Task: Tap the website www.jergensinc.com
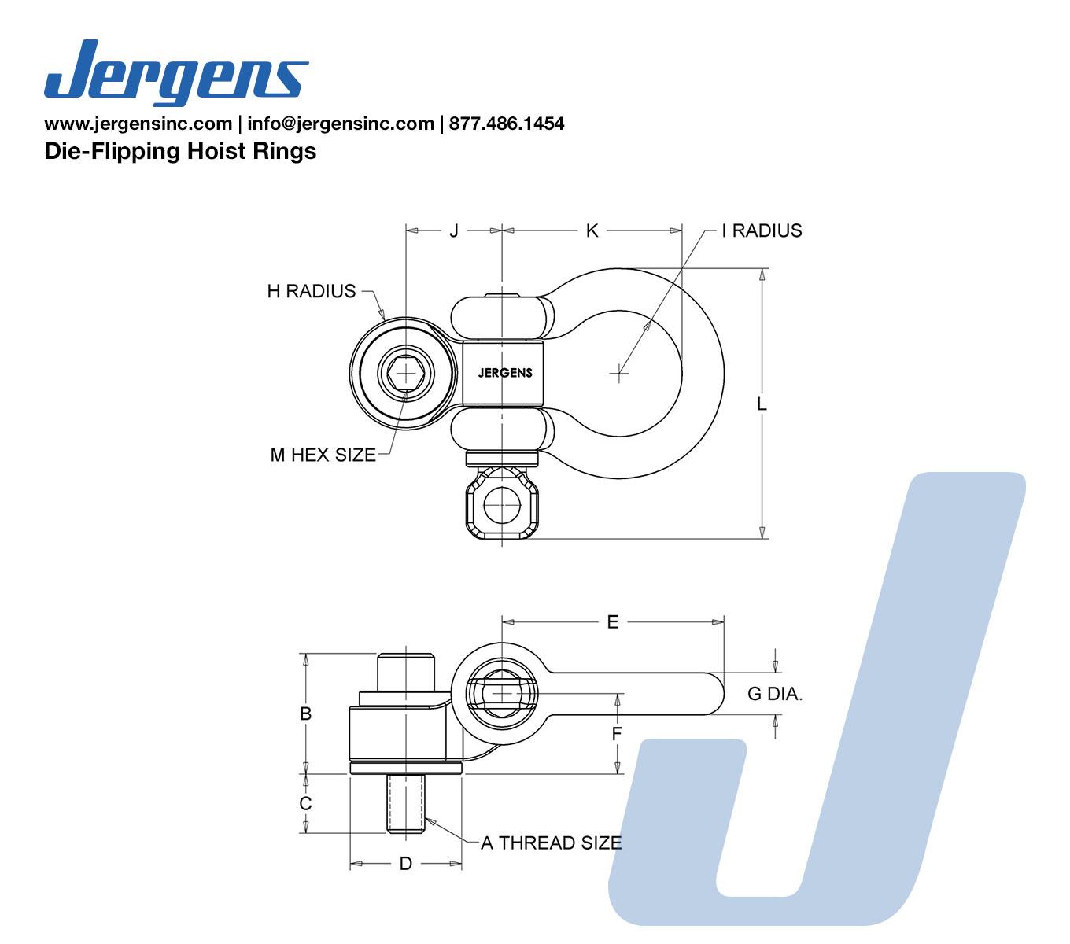(138, 124)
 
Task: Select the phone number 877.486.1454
(507, 124)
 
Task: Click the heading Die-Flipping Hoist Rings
(180, 151)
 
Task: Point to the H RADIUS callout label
(312, 291)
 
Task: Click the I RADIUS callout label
(762, 230)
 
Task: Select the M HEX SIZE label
(323, 455)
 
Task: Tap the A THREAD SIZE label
(551, 843)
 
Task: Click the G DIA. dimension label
(775, 694)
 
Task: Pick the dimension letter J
(454, 230)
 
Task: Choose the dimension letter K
(592, 230)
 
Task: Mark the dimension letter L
(762, 404)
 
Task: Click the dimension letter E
(613, 622)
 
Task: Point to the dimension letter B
(306, 714)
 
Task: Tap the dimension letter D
(405, 864)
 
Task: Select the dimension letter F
(618, 735)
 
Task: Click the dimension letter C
(306, 803)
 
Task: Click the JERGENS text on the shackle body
(505, 373)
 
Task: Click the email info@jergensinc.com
(341, 124)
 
